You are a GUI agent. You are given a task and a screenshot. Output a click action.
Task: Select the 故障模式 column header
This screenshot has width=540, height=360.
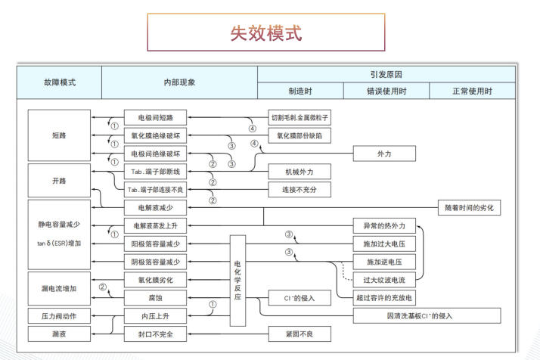coord(59,82)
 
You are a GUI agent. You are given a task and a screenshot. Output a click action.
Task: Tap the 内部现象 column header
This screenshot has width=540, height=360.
coord(178,82)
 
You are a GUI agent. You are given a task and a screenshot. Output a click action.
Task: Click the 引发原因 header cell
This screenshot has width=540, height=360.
coord(386,74)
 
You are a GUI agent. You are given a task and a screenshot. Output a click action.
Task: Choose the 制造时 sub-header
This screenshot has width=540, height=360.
coord(300,92)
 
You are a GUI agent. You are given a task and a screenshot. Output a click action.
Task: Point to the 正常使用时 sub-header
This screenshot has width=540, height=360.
coord(473,92)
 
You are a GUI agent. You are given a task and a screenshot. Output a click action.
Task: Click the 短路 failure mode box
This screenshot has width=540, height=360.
coord(59,135)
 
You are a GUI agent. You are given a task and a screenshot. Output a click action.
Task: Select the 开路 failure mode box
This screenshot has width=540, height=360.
coord(59,181)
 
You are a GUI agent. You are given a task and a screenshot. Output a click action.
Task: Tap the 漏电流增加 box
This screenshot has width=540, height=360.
coord(59,288)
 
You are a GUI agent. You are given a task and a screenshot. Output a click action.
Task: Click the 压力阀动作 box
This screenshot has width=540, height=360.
coord(59,315)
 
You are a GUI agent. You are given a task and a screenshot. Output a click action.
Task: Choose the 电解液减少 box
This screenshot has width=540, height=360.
coord(155,206)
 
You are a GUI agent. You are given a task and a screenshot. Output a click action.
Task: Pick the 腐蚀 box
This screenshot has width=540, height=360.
coord(155,298)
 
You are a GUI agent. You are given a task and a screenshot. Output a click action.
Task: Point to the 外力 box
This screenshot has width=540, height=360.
coord(384,154)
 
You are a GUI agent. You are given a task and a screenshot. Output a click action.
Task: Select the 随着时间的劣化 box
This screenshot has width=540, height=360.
coord(469,207)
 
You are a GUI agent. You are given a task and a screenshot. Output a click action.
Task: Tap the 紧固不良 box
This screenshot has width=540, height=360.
coord(299,333)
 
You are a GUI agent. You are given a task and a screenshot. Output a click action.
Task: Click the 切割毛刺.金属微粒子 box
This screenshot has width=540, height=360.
coord(299,118)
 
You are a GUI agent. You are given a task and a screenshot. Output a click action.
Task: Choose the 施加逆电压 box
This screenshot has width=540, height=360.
coord(384,262)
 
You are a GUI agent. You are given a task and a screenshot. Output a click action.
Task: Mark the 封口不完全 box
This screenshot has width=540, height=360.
coord(155,333)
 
